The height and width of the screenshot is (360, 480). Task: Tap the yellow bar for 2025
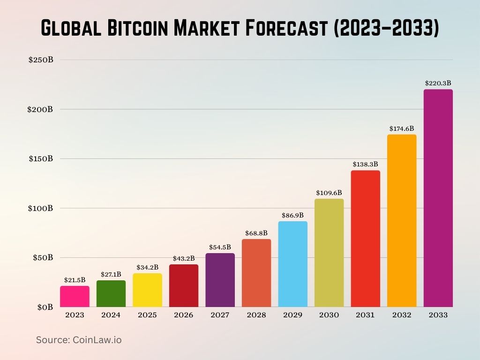147,290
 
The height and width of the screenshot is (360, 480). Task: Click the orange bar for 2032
402,220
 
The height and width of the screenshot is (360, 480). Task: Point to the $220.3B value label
438,83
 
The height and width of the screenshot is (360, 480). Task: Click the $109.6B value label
329,193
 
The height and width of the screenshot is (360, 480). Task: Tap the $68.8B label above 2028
256,233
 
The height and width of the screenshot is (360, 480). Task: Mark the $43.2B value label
184,258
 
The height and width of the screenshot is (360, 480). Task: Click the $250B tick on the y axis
41,60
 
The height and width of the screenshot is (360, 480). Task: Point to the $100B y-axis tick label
41,208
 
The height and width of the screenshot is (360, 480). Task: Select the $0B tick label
45,307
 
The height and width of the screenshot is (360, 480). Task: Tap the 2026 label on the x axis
184,315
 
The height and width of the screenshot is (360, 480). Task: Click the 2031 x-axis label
365,315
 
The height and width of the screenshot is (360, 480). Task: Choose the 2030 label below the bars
329,315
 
